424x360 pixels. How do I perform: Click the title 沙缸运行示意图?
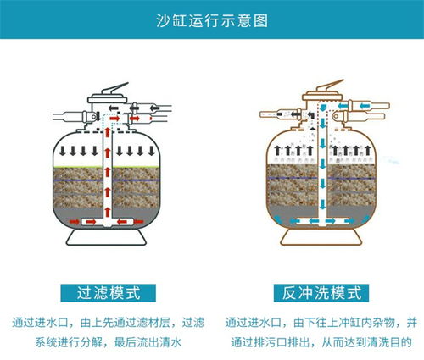212,20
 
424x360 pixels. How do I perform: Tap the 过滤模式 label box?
109,293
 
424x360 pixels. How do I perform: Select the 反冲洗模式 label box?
321,293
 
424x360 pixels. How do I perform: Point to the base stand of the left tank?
106,236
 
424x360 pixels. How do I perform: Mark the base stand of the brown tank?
321,236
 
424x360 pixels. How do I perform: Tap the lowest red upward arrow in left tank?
107,212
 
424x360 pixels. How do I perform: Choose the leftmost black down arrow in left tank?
63,151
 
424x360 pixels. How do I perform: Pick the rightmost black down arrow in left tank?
152,151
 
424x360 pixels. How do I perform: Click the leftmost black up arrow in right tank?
277,150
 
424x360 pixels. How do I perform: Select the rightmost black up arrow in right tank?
367,150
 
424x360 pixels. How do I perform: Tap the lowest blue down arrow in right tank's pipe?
322,204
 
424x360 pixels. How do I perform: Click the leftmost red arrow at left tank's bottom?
75,222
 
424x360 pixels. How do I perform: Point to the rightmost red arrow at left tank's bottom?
138,222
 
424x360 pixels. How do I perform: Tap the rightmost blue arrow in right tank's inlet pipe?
365,106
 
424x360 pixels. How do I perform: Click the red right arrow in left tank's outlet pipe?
135,119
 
